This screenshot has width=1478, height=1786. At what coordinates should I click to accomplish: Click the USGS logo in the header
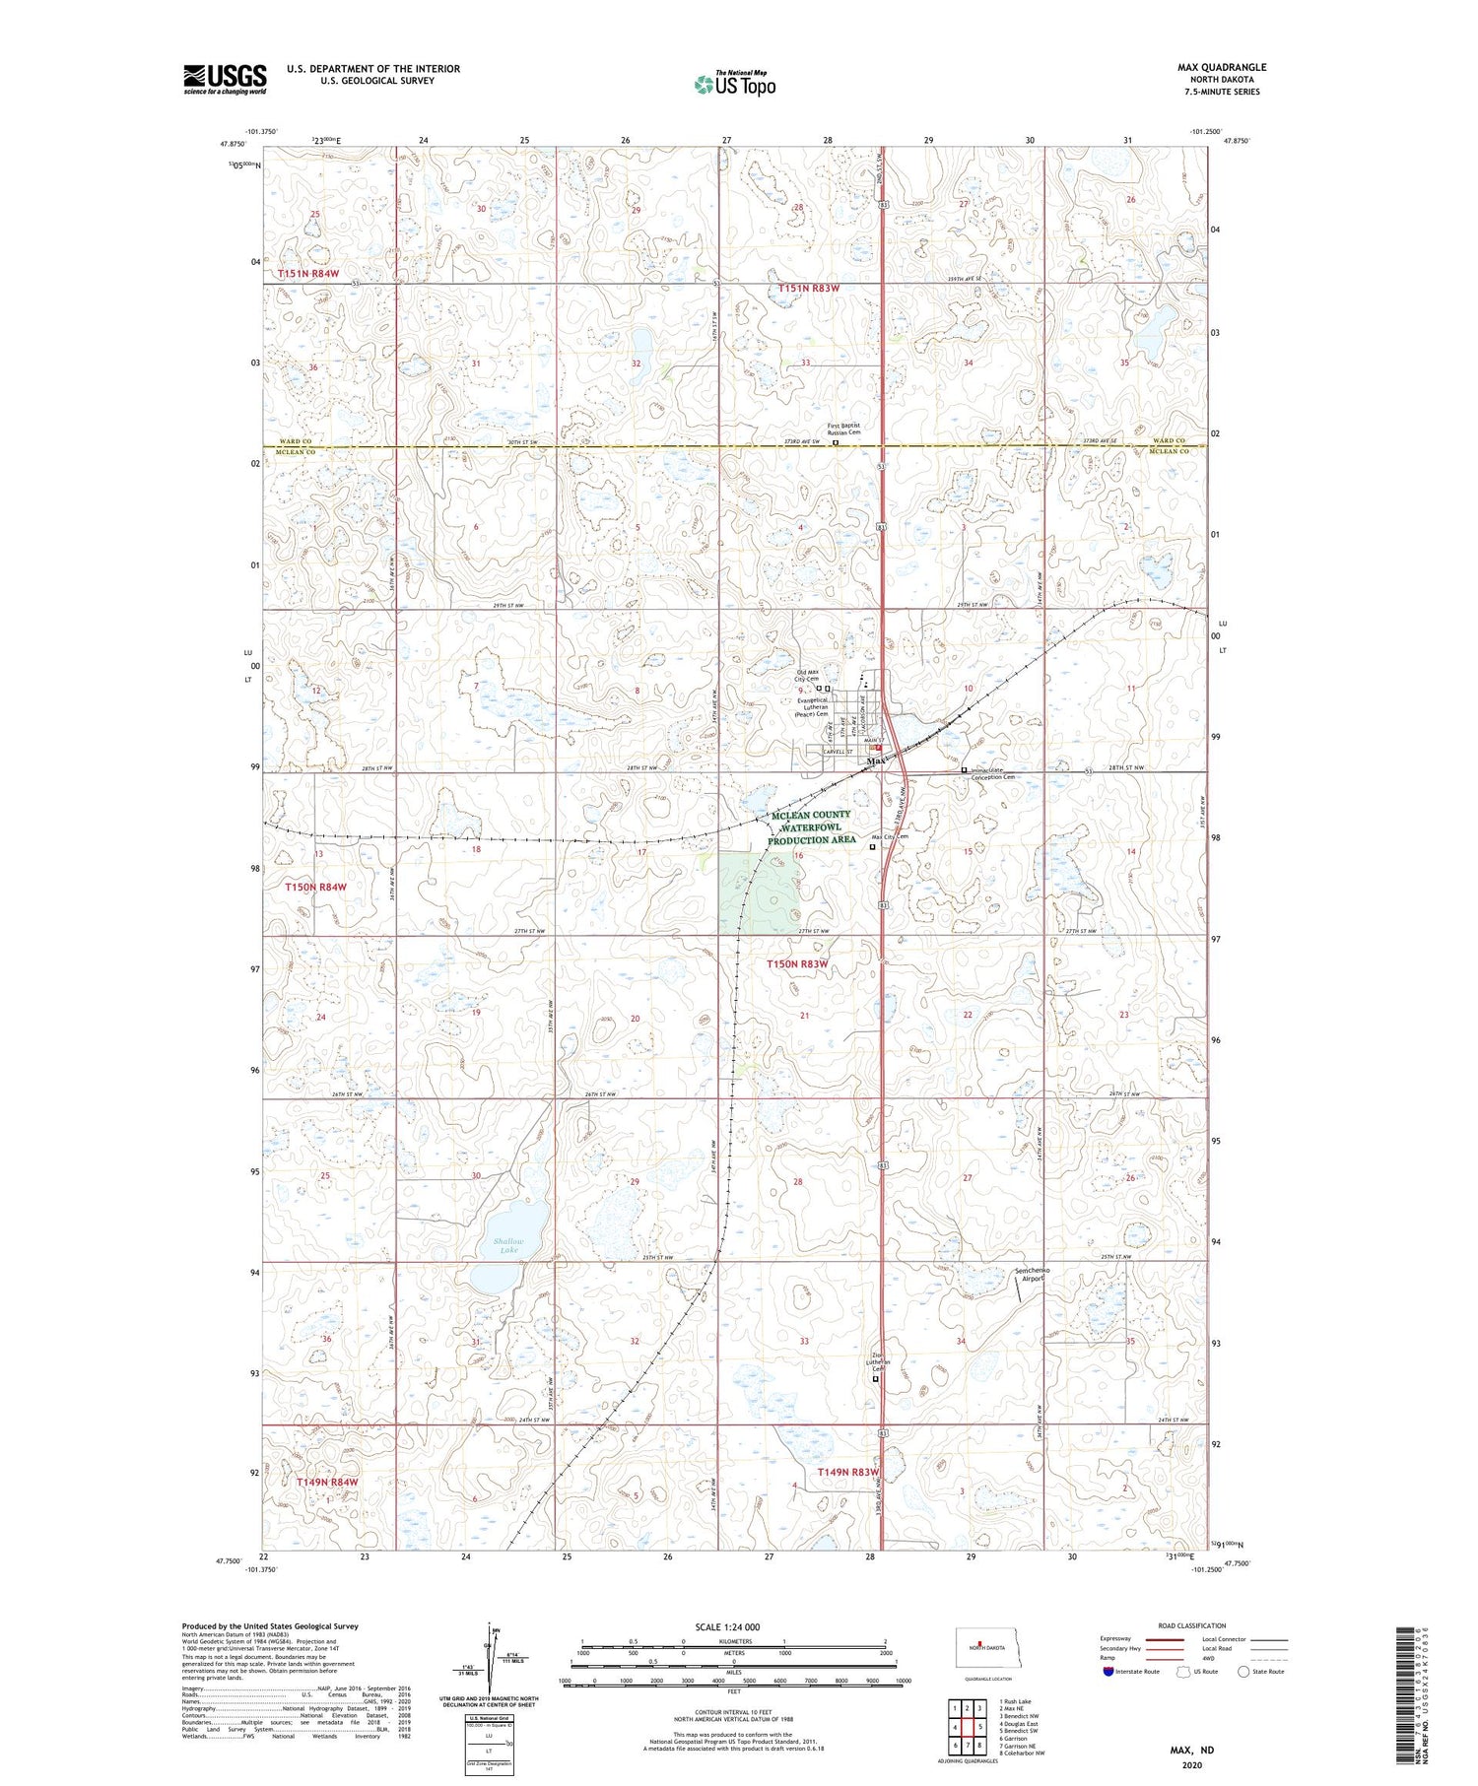point(225,79)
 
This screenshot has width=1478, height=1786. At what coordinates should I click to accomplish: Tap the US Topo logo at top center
point(734,84)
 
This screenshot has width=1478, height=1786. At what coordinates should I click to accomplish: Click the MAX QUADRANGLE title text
point(1222,67)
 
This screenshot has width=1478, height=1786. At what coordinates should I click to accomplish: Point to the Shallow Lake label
point(508,1245)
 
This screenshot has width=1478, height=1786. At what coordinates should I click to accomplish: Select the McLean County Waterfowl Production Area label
point(810,827)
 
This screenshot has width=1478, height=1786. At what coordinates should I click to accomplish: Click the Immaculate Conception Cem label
point(992,773)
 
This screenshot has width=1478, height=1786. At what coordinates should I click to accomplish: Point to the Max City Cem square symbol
point(872,845)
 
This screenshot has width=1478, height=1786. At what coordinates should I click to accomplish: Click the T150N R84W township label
point(315,887)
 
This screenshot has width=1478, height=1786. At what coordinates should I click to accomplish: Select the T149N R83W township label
point(847,1472)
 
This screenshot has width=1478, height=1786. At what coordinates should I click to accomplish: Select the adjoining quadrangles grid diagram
point(968,1719)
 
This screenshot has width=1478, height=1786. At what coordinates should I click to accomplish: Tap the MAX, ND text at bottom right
point(1191,1750)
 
